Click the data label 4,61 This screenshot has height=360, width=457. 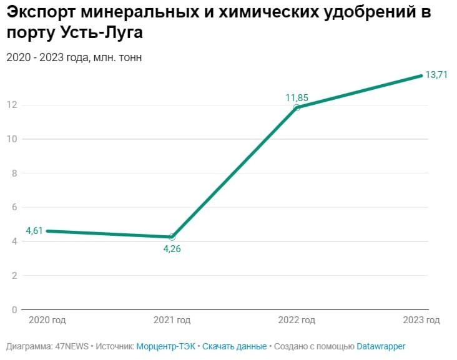click(34, 231)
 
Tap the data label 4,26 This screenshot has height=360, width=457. click(172, 248)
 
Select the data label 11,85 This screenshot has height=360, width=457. click(297, 98)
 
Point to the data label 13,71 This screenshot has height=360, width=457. click(436, 75)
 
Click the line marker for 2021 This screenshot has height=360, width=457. click(172, 237)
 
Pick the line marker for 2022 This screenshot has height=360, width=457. click(297, 107)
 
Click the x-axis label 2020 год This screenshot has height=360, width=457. click(47, 321)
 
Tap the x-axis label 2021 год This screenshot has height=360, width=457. click(172, 321)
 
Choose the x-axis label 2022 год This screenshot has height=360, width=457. click(297, 321)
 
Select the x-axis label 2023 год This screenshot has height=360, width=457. click(421, 321)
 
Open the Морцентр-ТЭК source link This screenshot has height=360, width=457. click(165, 346)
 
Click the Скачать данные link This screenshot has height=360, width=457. click(234, 346)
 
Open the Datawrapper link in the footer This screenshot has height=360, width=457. click(381, 346)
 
